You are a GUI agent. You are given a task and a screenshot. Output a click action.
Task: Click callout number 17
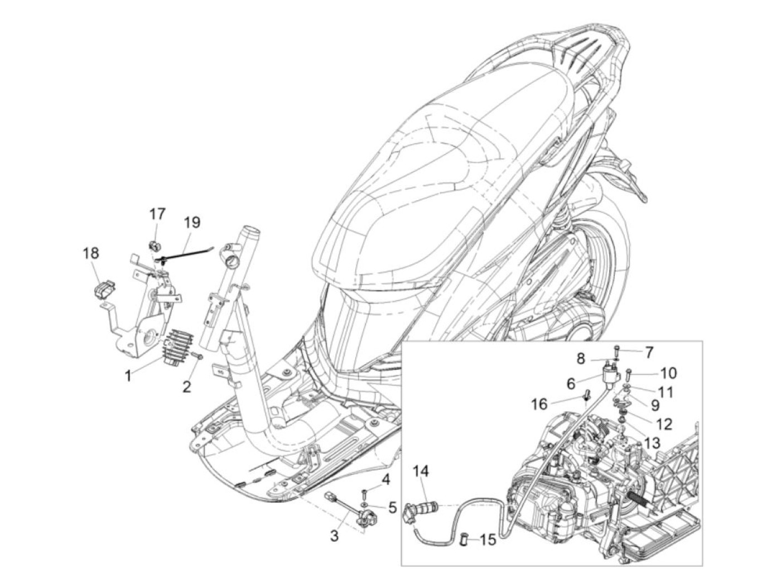pyautogui.click(x=157, y=214)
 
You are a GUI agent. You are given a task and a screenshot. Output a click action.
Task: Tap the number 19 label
pyautogui.click(x=191, y=223)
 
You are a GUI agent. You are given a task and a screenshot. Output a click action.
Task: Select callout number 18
pyautogui.click(x=91, y=253)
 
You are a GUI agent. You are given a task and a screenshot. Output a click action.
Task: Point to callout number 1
pyautogui.click(x=128, y=377)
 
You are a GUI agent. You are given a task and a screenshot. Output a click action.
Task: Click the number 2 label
pyautogui.click(x=186, y=386)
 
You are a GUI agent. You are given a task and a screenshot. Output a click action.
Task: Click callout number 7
pyautogui.click(x=649, y=353)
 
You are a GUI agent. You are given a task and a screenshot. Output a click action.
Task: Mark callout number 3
pyautogui.click(x=334, y=537)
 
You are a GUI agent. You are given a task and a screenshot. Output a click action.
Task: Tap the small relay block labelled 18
pyautogui.click(x=104, y=290)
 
